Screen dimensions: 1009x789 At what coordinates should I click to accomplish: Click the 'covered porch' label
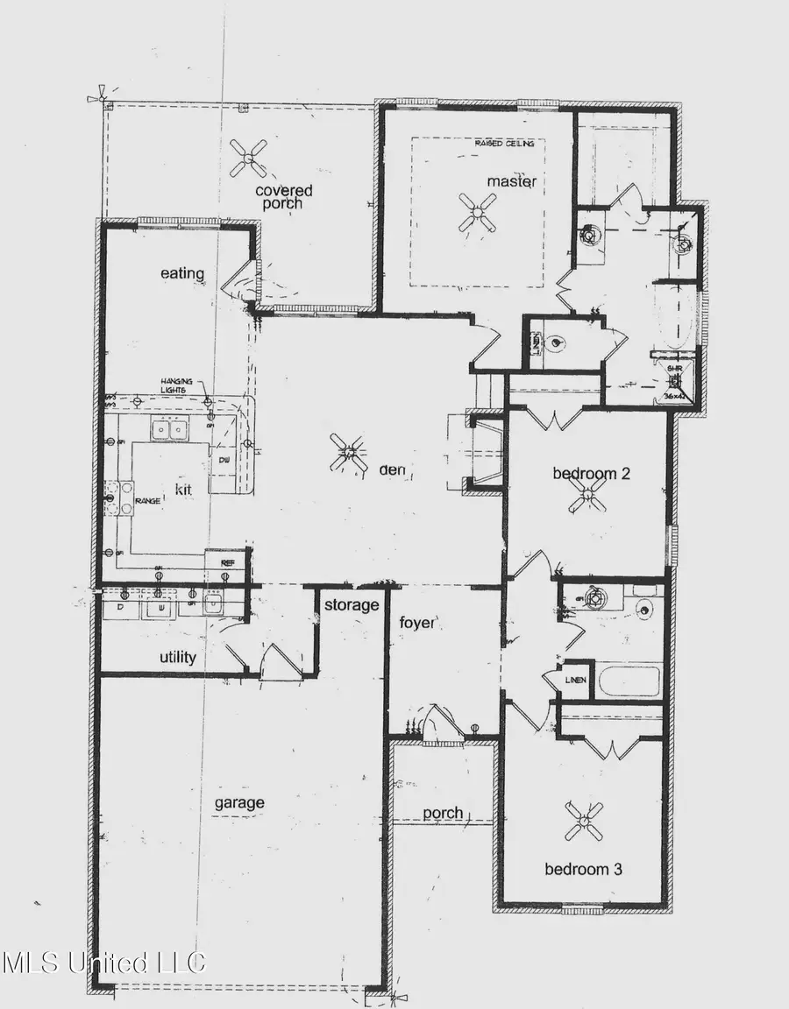(x=283, y=197)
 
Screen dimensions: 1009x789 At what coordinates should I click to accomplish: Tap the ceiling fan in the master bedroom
(x=478, y=211)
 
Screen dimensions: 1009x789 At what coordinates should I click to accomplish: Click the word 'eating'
(x=182, y=273)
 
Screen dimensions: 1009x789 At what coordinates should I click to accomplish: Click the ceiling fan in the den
(x=348, y=454)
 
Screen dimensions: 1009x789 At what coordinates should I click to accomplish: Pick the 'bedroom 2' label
(x=592, y=474)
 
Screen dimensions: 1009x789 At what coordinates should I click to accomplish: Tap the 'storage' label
(x=351, y=605)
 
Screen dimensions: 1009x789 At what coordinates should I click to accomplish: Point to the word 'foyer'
(x=417, y=623)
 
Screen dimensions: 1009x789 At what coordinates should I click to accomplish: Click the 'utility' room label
(x=177, y=657)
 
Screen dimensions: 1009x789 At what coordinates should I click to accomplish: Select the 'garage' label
(x=239, y=802)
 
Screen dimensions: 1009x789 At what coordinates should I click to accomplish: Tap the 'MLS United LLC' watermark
(x=103, y=963)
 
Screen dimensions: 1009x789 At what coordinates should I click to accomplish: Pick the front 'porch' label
(x=443, y=813)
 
